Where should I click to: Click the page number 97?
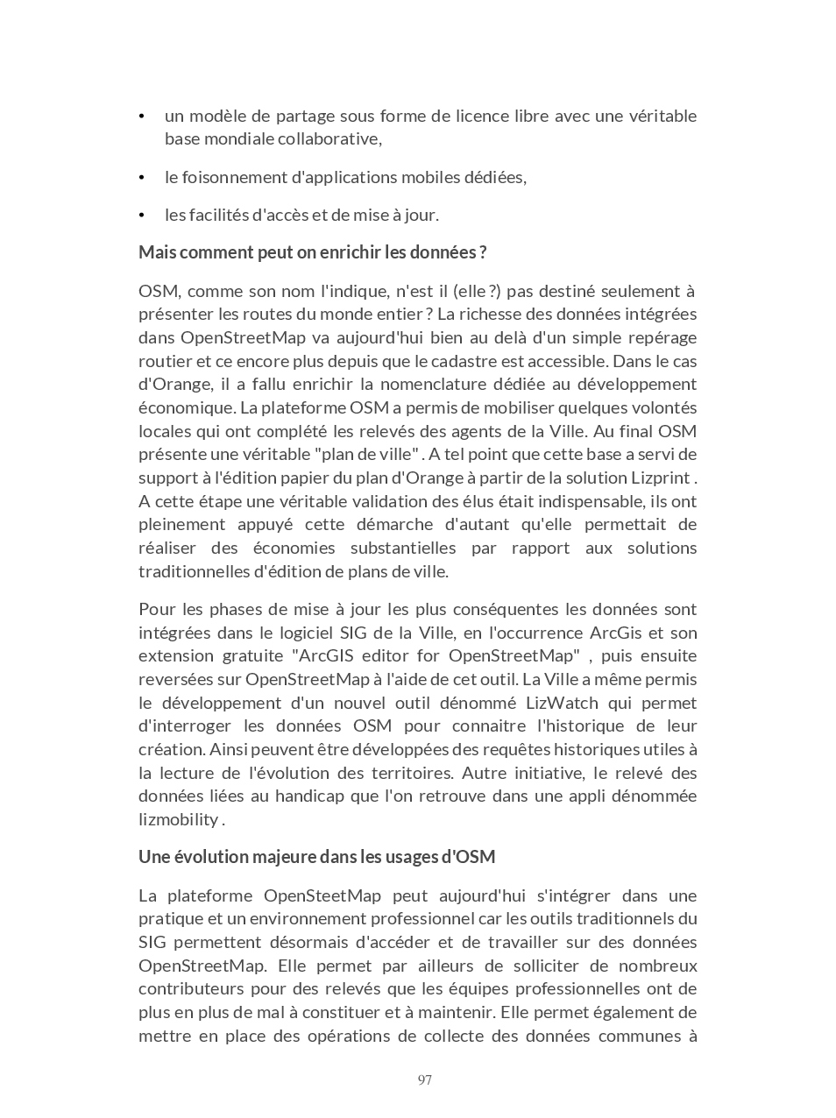pyautogui.click(x=425, y=1080)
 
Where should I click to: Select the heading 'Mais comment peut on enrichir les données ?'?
pyautogui.click(x=312, y=252)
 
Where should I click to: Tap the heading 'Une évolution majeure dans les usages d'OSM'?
pyautogui.click(x=316, y=857)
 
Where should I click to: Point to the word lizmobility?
pyautogui.click(x=179, y=820)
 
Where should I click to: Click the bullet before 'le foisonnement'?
pyautogui.click(x=142, y=178)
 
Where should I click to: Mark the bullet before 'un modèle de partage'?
pyautogui.click(x=142, y=117)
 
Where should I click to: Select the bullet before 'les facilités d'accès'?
pyautogui.click(x=142, y=216)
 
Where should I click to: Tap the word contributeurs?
pyautogui.click(x=189, y=989)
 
